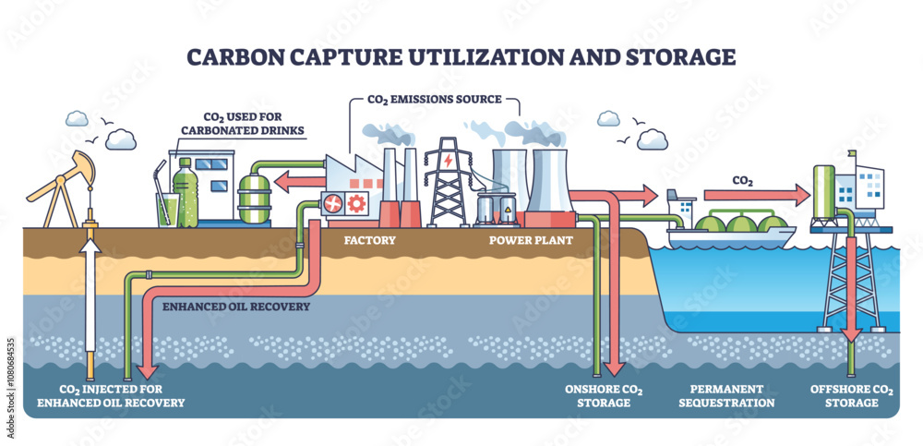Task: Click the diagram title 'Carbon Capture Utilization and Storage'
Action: (x=461, y=56)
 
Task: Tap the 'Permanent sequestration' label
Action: (x=726, y=395)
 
